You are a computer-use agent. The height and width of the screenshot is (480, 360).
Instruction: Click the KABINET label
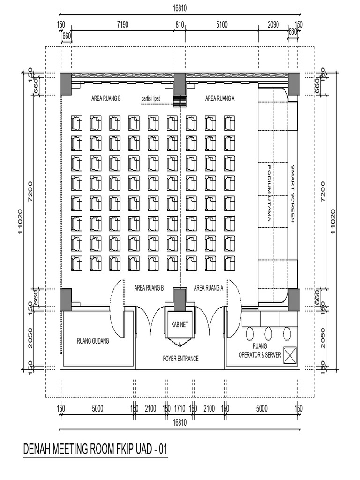click(180, 324)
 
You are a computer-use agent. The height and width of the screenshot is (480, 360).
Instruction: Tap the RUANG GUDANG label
click(93, 341)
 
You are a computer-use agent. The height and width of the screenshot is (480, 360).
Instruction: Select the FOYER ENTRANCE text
click(180, 359)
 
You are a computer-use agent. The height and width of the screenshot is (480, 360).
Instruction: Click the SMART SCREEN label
click(292, 193)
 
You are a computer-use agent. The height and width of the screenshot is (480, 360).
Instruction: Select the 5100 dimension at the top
click(222, 25)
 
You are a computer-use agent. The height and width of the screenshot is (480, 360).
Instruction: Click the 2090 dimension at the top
click(273, 25)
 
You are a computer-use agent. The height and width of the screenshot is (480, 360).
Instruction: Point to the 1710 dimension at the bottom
click(180, 409)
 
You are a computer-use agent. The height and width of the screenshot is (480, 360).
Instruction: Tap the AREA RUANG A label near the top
click(220, 98)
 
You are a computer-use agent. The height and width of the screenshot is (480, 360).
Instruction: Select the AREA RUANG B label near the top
click(106, 98)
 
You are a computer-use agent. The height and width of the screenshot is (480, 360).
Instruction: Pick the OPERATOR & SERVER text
click(260, 355)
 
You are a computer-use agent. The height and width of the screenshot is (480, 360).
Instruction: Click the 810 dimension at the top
click(180, 25)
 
